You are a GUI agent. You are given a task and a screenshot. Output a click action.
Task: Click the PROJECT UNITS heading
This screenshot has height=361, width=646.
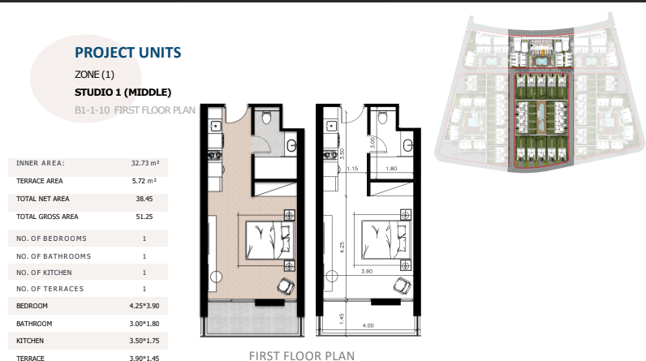tap(127, 53)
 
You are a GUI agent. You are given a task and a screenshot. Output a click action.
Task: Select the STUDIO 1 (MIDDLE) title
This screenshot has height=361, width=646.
tap(123, 92)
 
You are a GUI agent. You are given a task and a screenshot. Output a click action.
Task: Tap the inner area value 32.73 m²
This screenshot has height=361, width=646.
tap(145, 163)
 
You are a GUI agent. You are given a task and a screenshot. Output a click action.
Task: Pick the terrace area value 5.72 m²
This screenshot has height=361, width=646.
tap(144, 181)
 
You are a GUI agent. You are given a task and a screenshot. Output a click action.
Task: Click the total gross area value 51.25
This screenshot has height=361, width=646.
tap(144, 217)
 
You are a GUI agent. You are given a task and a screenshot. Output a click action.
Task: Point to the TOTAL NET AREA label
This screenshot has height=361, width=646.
tap(43, 199)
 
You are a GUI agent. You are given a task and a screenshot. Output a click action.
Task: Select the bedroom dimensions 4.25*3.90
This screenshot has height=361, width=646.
tap(144, 306)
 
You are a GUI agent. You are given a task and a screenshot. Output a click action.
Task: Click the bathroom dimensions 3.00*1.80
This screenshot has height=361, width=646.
tap(144, 324)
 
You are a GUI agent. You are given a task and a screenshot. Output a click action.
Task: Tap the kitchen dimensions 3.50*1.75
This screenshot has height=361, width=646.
tap(144, 341)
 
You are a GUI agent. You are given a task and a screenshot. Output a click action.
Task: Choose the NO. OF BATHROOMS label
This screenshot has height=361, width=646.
tap(54, 256)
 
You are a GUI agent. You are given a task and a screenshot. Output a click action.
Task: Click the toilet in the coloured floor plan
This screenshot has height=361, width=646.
tap(266, 118)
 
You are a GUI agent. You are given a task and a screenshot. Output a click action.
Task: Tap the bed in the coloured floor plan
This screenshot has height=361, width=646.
tap(269, 240)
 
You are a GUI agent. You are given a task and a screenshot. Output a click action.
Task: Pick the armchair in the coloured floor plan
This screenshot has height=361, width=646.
tap(286, 286)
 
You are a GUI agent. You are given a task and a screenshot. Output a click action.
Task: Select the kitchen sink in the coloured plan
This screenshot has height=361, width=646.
tap(216, 126)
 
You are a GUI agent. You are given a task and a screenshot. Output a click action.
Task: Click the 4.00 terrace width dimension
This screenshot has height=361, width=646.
tap(368, 325)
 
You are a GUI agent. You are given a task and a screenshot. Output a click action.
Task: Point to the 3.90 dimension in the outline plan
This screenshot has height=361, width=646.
tap(367, 271)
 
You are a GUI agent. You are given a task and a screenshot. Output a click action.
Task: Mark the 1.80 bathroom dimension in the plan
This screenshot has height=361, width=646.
tap(391, 169)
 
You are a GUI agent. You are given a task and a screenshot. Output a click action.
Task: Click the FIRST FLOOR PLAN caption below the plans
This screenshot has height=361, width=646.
tap(302, 355)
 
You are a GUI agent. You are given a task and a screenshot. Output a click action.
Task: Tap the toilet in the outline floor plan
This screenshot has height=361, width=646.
tap(382, 118)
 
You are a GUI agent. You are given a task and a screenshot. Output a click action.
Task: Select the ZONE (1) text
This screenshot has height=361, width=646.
tap(94, 75)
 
